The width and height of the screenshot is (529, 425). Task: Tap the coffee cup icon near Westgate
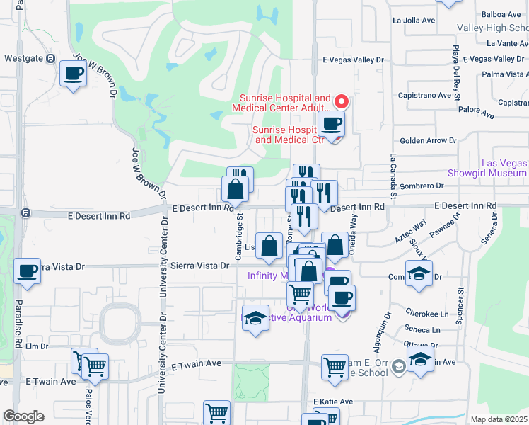tap(72, 73)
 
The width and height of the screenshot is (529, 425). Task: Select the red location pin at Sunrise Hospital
tap(340, 101)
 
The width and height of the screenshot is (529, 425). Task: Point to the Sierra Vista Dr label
tap(200, 266)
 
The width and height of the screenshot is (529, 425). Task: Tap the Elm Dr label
tap(36, 346)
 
